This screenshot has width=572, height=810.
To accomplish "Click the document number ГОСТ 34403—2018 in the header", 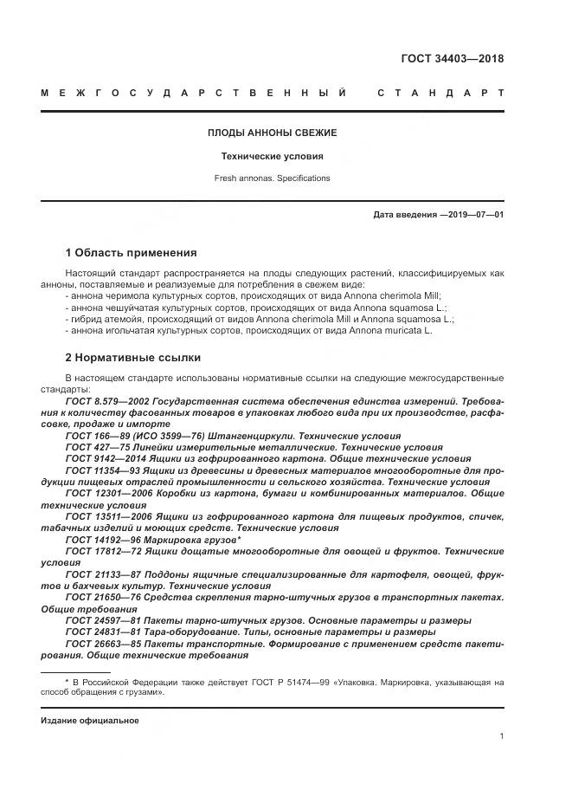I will (452, 59).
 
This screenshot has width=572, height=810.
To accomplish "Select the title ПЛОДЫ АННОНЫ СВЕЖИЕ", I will (272, 133).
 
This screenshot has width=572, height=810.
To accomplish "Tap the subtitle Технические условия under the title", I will (272, 157).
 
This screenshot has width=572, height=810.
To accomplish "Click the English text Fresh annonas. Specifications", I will (272, 178).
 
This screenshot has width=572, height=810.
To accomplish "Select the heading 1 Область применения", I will (131, 253).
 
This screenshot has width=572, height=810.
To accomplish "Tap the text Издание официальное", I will (90, 720).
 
